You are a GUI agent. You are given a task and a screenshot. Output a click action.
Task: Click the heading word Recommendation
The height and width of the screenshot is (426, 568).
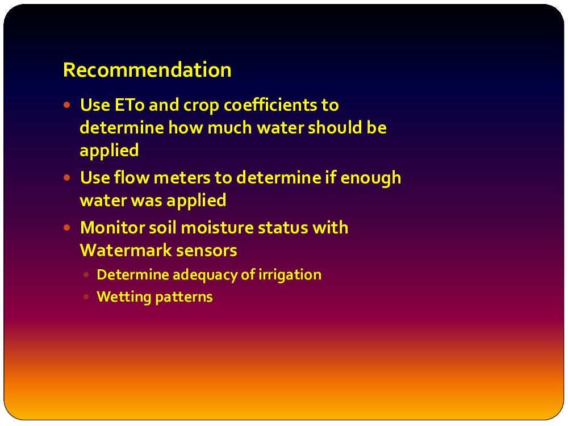coord(147,69)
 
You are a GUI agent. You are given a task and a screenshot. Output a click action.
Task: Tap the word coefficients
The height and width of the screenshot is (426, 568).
coord(270,105)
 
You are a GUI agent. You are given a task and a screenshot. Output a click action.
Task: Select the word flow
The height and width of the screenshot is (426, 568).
coord(132,177)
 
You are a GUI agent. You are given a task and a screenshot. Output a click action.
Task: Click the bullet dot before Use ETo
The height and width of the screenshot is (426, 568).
coord(66,105)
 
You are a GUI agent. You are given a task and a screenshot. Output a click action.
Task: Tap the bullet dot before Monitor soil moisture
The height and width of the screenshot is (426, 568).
coord(66,228)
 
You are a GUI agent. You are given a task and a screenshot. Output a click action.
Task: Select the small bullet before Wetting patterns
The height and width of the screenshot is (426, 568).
coord(86,296)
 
